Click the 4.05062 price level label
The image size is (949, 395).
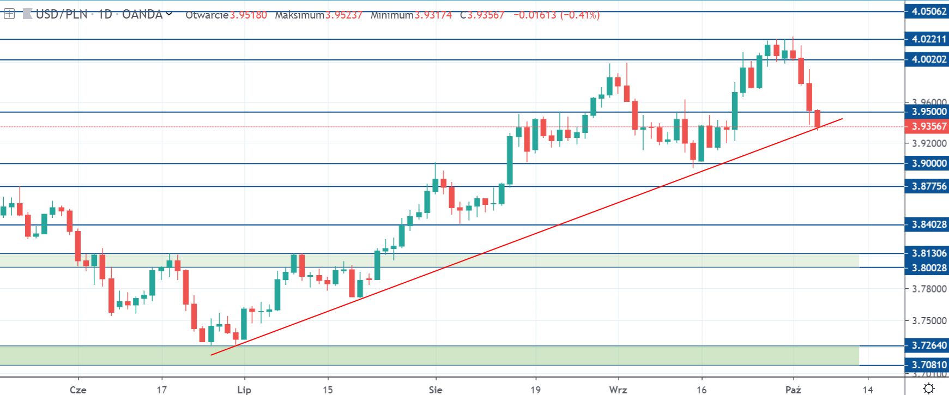pos(927,11)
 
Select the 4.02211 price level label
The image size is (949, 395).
pos(927,39)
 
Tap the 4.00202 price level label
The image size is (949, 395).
pos(927,59)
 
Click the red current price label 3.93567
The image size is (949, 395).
pos(927,126)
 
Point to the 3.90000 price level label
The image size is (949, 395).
pos(927,163)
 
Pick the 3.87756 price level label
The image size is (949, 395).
pos(927,186)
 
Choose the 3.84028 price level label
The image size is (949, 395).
pos(927,224)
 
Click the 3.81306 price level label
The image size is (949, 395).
pos(927,253)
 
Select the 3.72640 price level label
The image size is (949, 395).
pos(927,345)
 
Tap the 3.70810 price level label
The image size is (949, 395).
pos(927,365)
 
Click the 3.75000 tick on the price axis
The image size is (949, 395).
pos(929,321)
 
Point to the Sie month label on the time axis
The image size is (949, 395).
pos(435,390)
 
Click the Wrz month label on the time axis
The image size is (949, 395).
pos(618,390)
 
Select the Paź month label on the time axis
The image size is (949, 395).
pos(793,390)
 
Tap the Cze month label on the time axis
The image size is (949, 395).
pos(78,390)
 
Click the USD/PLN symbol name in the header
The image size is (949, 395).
pos(61,15)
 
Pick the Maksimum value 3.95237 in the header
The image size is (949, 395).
pos(343,15)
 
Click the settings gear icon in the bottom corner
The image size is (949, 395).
pos(929,388)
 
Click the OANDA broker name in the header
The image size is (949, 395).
pos(143,15)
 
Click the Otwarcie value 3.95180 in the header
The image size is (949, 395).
pos(248,15)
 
